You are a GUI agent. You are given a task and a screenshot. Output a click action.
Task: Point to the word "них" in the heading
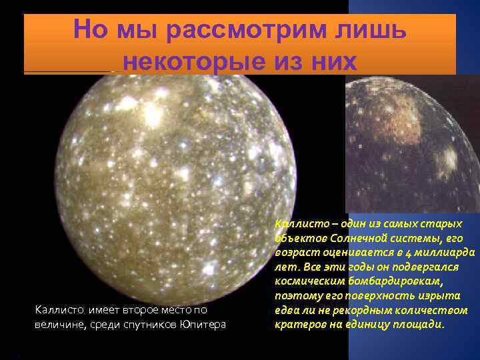click(x=328, y=62)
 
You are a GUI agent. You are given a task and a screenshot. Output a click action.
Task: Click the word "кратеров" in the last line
click(x=297, y=325)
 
